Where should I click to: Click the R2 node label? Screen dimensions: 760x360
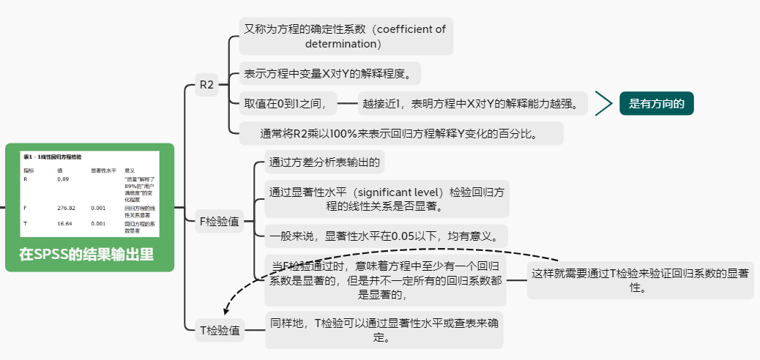pos(206,86)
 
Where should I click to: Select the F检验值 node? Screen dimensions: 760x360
pos(220,221)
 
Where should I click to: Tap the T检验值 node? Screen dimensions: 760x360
pos(220,330)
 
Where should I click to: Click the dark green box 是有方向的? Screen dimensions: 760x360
pos(656,104)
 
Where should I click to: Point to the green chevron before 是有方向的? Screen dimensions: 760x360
pos(603,104)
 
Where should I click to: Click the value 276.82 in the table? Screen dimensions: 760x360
pos(67,208)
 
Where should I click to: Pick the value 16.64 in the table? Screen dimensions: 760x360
pos(64,224)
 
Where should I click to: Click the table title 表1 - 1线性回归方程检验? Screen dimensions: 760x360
pos(53,157)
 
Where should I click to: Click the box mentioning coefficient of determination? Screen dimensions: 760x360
pos(344,36)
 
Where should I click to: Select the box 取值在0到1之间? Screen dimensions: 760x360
pos(289,104)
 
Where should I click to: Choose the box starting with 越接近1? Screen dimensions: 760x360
pos(474,104)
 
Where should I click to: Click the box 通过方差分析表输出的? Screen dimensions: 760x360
pos(324,162)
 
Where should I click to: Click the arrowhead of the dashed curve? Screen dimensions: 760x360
pos(226,312)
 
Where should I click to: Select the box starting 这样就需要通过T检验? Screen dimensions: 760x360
pos(640,280)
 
